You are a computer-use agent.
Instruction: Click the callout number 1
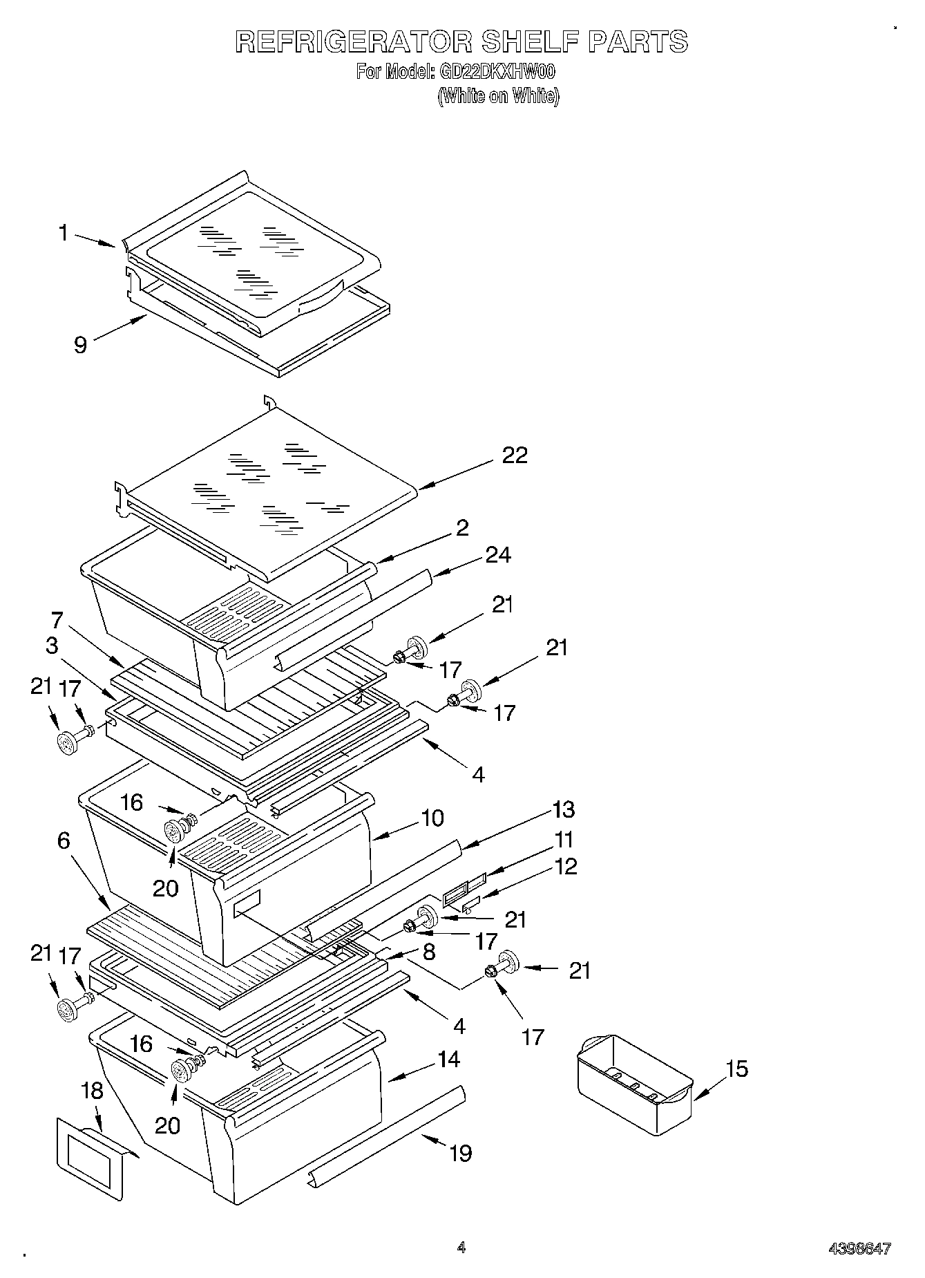click(64, 233)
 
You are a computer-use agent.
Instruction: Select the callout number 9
click(81, 344)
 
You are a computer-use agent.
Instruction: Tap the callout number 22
click(515, 455)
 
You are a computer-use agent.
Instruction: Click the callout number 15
click(737, 1069)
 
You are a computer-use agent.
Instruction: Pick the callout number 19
click(461, 1153)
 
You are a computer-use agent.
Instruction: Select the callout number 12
click(565, 866)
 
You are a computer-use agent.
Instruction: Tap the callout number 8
click(428, 952)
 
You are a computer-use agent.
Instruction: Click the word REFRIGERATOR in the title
click(353, 41)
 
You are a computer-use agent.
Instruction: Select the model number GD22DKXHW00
click(497, 71)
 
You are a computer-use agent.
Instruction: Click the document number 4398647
click(859, 1249)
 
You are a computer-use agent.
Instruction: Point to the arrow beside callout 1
click(95, 240)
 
